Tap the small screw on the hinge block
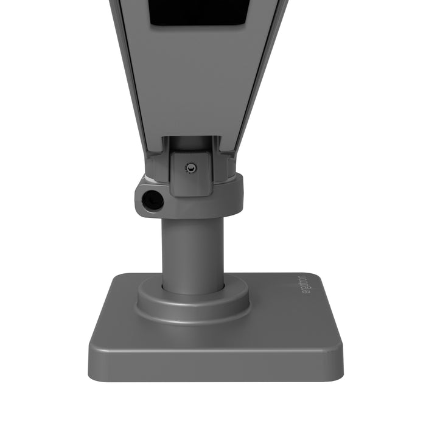191,167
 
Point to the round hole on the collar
152,200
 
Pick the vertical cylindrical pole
192,250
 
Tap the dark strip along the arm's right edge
262,73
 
